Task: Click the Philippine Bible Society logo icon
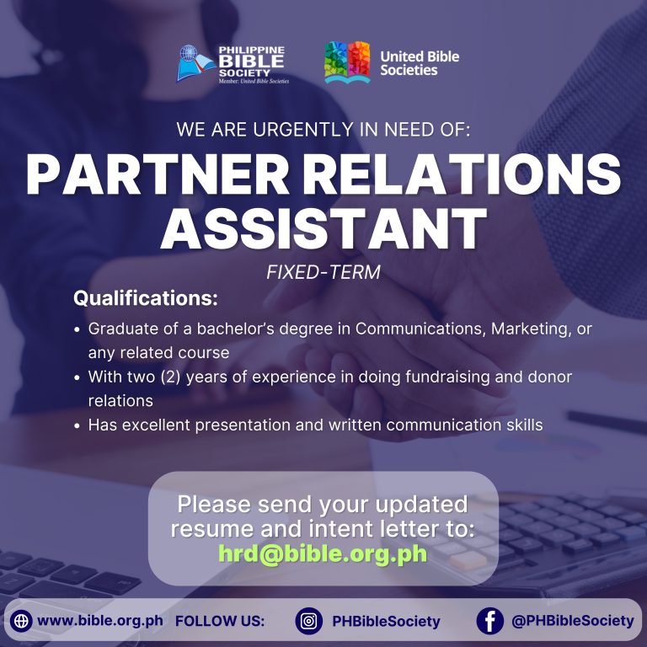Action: tap(196, 63)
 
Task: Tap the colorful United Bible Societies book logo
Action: tap(347, 61)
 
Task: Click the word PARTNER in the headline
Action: tap(158, 174)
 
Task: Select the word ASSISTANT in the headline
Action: tap(323, 228)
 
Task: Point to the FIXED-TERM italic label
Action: tap(323, 272)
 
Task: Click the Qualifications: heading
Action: tap(145, 298)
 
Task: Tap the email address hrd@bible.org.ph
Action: tap(323, 553)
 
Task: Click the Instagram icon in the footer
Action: tap(308, 621)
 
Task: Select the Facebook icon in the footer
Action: tap(489, 621)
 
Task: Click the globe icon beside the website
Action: tap(21, 621)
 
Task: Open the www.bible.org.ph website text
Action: tap(100, 621)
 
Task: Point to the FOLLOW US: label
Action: tap(220, 621)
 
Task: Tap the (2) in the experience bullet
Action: tap(170, 377)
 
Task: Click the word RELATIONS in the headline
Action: tap(463, 174)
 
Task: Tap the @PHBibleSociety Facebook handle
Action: tap(572, 621)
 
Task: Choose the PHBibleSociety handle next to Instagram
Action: tap(386, 622)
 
